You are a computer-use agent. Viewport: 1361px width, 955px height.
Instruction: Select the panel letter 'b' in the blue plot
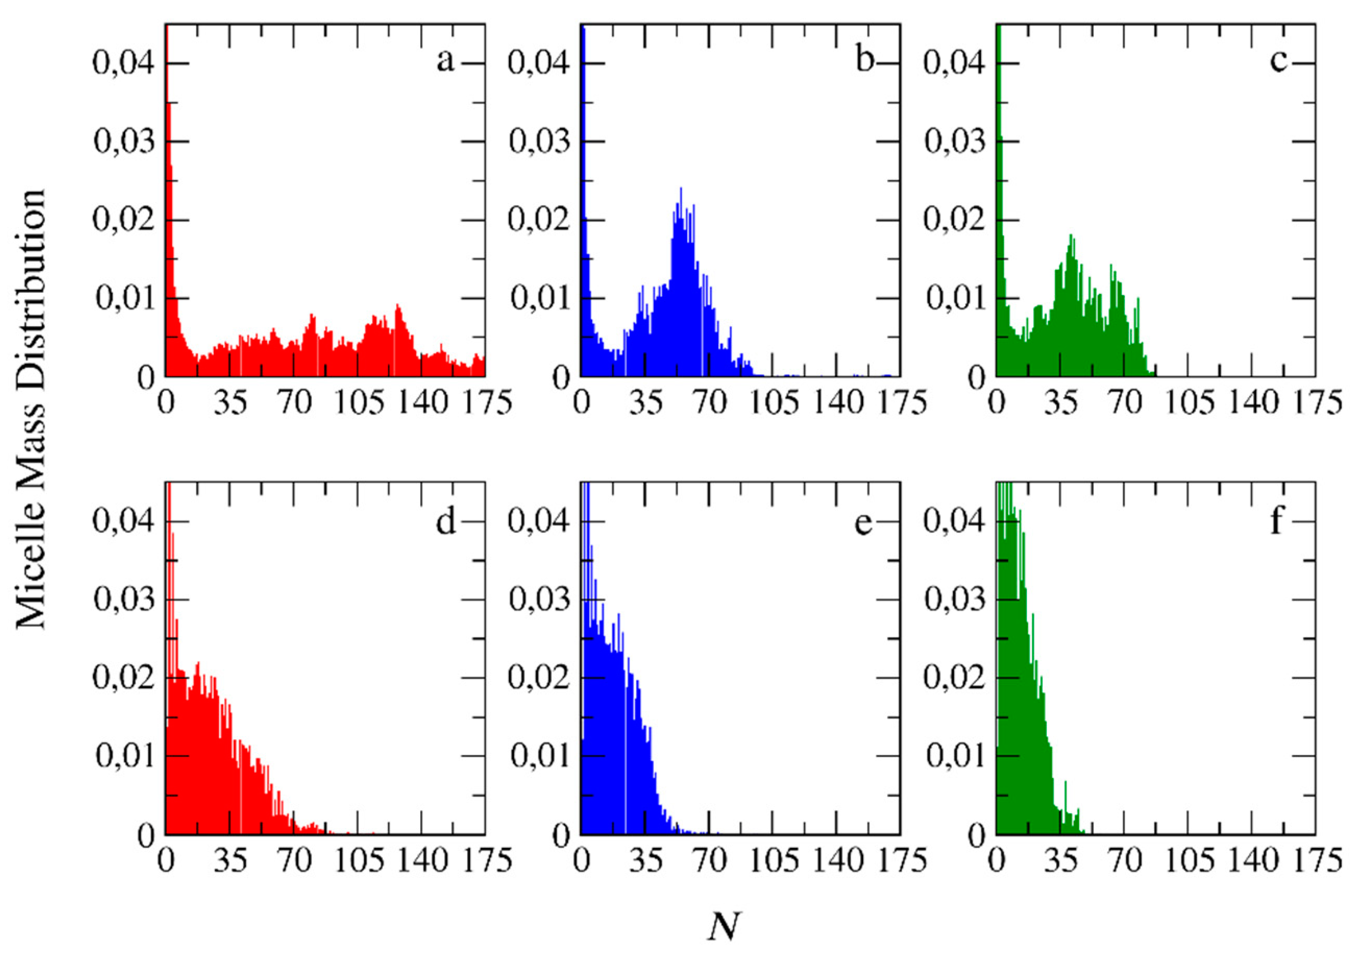coord(864,59)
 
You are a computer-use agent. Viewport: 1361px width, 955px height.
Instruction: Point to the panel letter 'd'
coord(446,522)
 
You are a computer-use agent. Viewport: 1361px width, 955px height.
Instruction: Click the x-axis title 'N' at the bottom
coord(725,926)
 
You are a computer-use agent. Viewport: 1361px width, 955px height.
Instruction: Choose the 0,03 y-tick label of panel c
coord(955,142)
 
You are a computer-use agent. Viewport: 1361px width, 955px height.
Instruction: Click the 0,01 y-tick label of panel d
coord(124,756)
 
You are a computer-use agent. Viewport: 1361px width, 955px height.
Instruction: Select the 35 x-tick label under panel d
coord(230,861)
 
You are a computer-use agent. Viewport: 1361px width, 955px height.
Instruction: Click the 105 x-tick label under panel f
coord(1190,861)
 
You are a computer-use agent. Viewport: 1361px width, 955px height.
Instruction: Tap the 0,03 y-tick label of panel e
coord(539,600)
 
